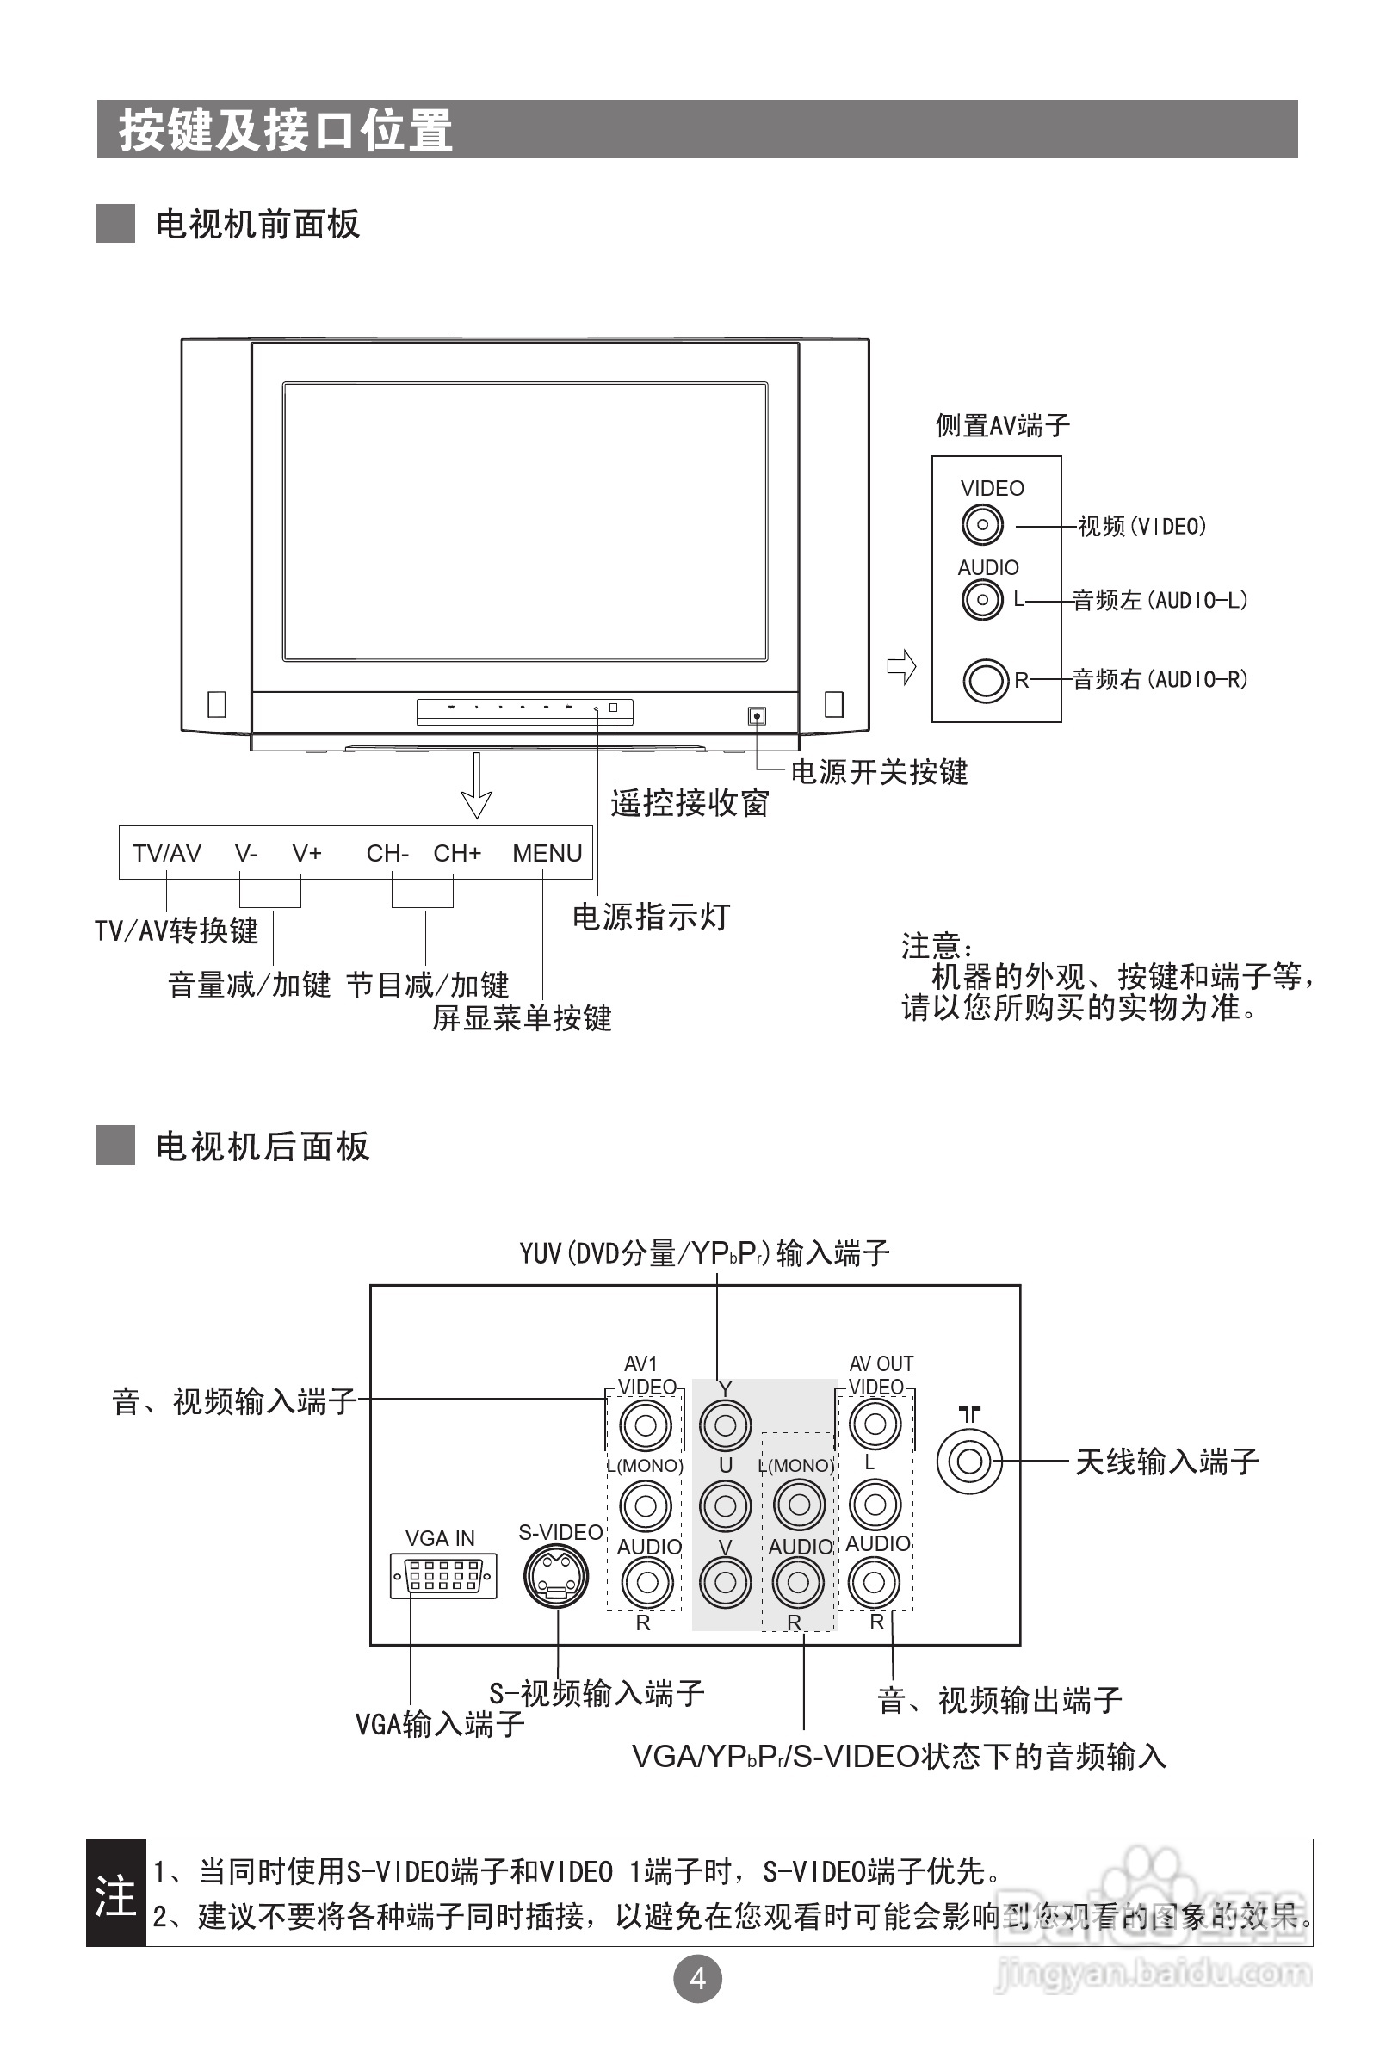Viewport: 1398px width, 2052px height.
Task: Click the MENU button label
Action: coord(547,854)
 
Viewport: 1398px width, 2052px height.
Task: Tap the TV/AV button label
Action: coord(167,854)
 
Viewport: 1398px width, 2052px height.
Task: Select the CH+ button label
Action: coord(456,854)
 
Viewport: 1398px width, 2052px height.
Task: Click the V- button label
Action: coord(245,854)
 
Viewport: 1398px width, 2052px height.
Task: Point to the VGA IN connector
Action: coord(443,1575)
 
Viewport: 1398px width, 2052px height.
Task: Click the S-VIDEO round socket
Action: coord(556,1577)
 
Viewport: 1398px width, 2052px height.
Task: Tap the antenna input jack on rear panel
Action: coord(968,1462)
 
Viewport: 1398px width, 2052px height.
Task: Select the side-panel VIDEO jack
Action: coord(982,525)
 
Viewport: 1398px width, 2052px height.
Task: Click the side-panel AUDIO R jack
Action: coord(985,681)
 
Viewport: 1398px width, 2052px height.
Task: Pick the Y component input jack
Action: coord(725,1425)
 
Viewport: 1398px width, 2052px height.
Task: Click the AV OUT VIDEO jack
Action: coord(875,1424)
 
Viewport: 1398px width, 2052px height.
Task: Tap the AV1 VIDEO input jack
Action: coord(646,1425)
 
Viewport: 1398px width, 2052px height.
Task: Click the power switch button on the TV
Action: coord(757,716)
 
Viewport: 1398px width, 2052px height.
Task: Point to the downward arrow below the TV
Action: coord(477,786)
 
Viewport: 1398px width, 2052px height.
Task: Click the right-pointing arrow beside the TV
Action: coord(901,666)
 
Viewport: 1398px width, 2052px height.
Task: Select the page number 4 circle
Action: coord(697,1979)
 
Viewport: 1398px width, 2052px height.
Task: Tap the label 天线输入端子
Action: coord(1166,1462)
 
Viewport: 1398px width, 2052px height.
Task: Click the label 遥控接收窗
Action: coord(690,803)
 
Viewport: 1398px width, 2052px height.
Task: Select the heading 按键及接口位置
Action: coord(285,131)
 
